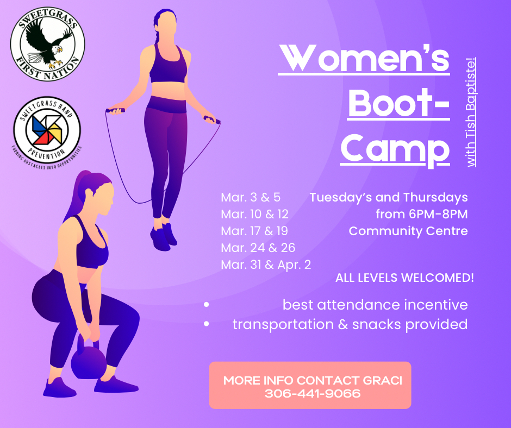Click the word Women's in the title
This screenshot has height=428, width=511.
coord(364,59)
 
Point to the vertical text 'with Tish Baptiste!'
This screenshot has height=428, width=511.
coord(471,111)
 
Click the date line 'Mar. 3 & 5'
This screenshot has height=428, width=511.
coord(251,197)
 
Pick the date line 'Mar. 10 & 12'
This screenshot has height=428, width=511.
coord(254,214)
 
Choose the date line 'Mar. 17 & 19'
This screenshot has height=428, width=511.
coord(254,231)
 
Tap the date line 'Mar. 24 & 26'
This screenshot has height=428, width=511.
coord(258,248)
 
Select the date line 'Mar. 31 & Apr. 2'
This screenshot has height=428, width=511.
coord(266,265)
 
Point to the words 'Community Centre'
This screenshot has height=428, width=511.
coord(408,231)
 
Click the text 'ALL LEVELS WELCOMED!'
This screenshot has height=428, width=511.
coord(404,278)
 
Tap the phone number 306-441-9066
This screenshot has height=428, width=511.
coord(313,393)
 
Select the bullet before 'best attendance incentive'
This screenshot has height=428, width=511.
coord(207,305)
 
